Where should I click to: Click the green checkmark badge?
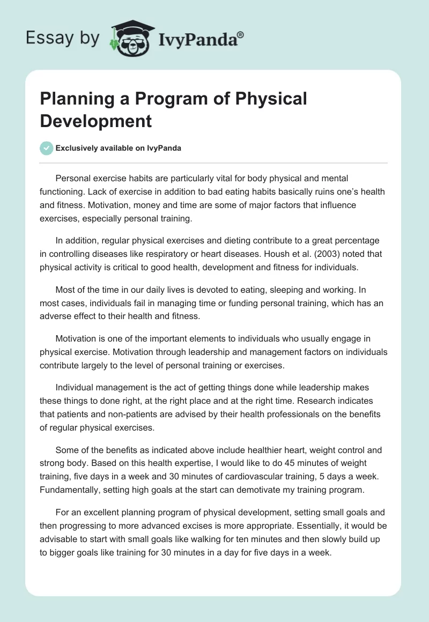point(46,148)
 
